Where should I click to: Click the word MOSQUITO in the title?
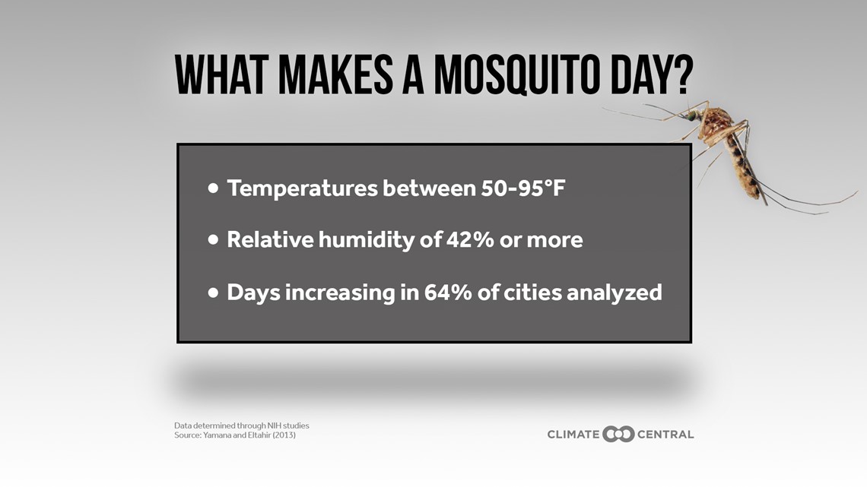click(x=516, y=74)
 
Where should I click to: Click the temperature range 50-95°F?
click(x=522, y=188)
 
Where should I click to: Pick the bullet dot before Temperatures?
click(x=213, y=189)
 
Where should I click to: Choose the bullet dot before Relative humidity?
click(x=213, y=240)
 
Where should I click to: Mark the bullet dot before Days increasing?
click(x=213, y=293)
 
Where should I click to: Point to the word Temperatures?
click(x=302, y=189)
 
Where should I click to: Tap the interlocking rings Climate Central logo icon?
click(x=618, y=434)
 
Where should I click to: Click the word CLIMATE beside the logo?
click(x=573, y=435)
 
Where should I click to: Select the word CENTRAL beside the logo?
click(x=665, y=435)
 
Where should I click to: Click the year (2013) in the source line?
click(x=284, y=435)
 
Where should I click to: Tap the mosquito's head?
click(x=691, y=115)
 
